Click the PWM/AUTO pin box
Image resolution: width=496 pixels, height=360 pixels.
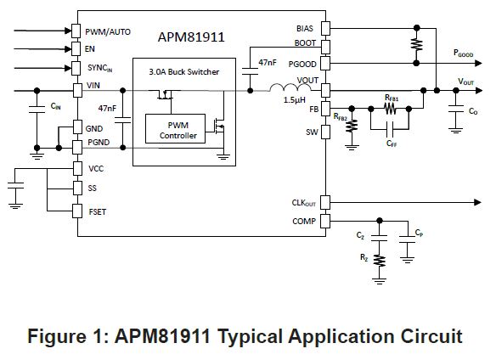(x=76, y=31)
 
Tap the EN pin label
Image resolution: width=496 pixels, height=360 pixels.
(x=90, y=49)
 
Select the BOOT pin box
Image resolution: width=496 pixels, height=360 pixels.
(x=326, y=47)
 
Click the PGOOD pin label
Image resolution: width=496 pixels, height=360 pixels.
(x=302, y=65)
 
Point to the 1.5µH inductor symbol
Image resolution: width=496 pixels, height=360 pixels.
(x=290, y=87)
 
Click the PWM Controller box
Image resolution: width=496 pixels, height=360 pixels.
(x=175, y=128)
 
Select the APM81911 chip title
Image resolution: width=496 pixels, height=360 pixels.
(x=191, y=37)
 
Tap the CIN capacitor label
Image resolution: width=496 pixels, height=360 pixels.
(x=56, y=106)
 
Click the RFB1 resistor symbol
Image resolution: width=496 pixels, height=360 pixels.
(x=390, y=110)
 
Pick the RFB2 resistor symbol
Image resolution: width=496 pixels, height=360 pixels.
(x=352, y=126)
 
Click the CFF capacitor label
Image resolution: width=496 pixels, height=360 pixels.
(x=392, y=144)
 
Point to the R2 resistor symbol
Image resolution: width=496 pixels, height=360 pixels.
(x=380, y=261)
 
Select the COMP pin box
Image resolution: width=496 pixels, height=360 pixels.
(x=325, y=221)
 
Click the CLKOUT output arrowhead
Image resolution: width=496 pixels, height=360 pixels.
(x=477, y=202)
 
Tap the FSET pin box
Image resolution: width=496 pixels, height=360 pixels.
(x=77, y=211)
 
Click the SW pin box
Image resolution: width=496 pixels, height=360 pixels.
(x=326, y=132)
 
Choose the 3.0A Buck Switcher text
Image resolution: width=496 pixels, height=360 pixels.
(x=184, y=72)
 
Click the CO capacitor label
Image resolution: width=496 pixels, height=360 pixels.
(x=473, y=111)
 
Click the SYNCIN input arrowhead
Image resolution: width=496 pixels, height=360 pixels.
(x=68, y=68)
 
